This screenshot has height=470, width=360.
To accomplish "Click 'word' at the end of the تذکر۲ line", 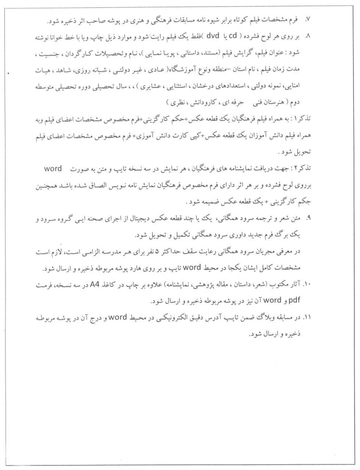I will (x=53, y=169).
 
